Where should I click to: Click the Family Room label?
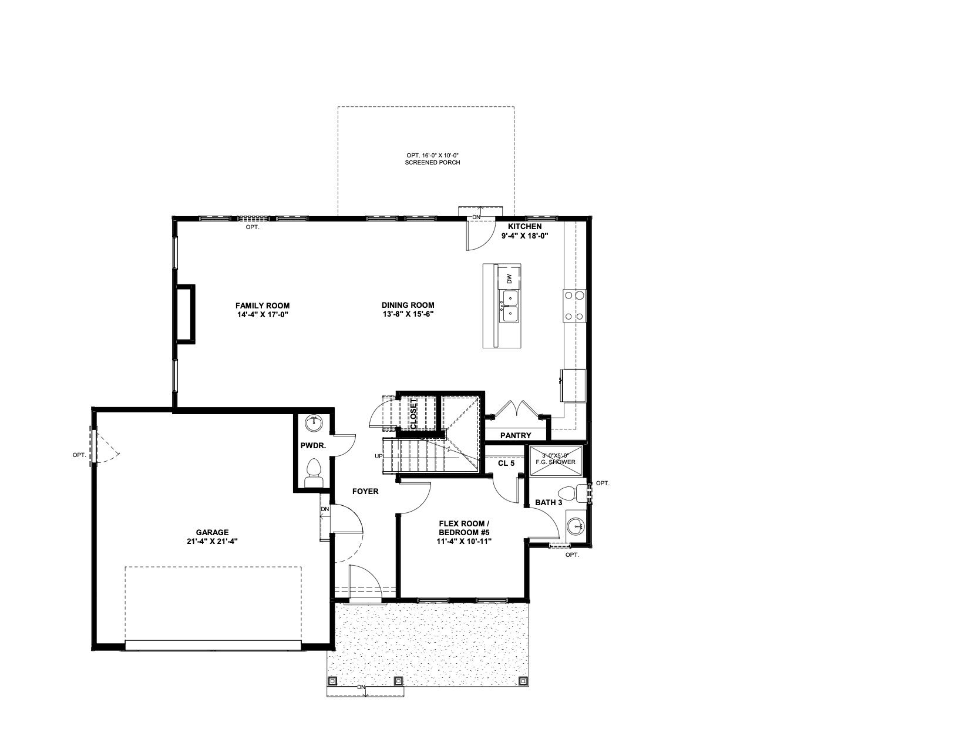click(262, 310)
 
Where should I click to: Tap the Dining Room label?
click(408, 309)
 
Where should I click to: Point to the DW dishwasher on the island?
click(509, 279)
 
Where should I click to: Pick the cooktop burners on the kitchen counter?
click(574, 305)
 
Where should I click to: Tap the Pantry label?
click(516, 435)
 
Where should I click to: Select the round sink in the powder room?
click(315, 424)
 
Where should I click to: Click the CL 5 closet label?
click(506, 463)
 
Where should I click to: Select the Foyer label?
click(365, 491)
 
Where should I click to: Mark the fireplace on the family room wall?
click(186, 314)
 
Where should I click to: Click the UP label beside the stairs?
click(379, 456)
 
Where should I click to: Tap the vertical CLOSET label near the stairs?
click(414, 414)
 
